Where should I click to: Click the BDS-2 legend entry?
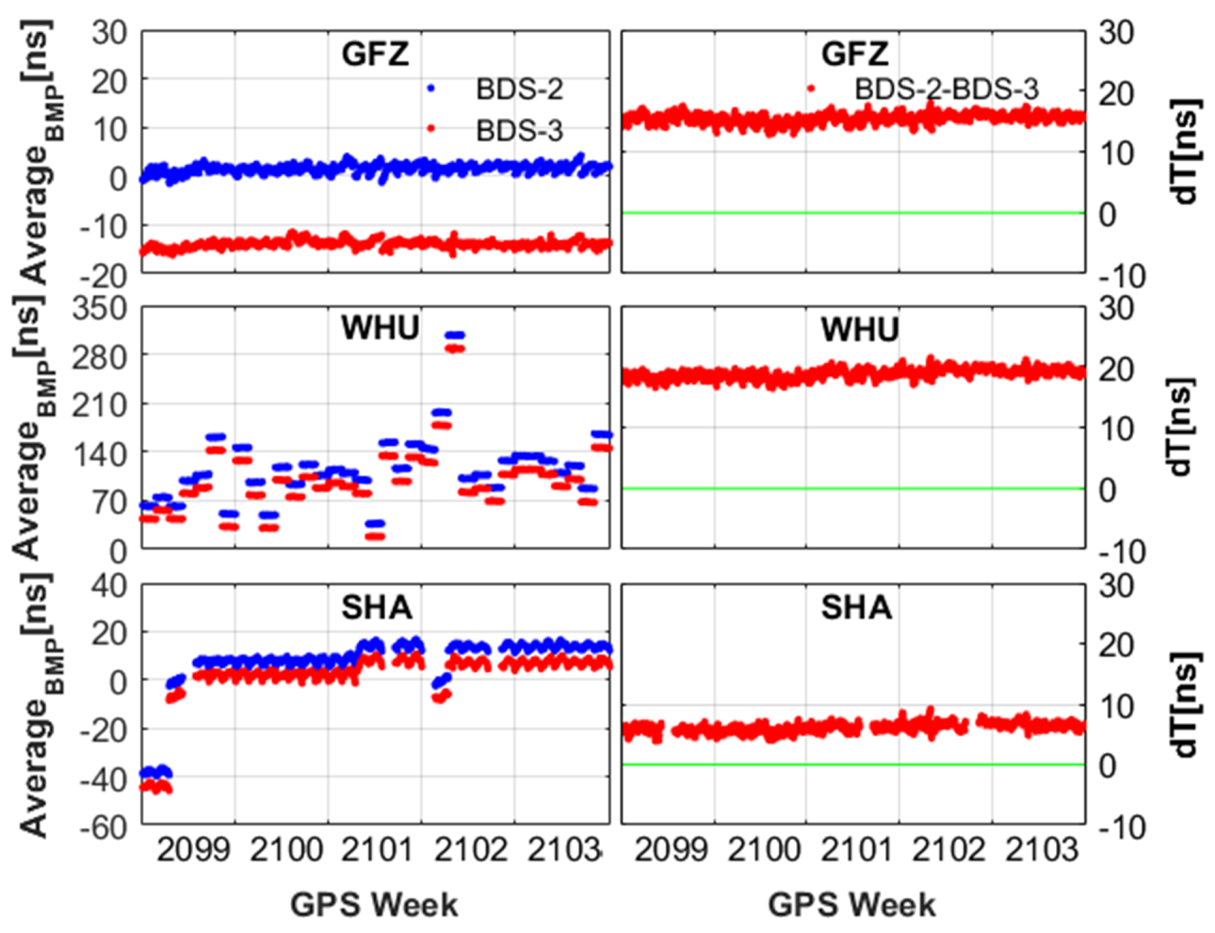tap(519, 89)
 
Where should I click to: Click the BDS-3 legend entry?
tap(519, 130)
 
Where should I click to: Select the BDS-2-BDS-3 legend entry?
tap(945, 89)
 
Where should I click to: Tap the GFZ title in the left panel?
tap(375, 54)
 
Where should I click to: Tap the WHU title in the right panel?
tap(860, 329)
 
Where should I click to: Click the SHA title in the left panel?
tap(377, 607)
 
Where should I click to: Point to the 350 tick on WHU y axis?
tap(100, 308)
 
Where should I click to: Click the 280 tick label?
tap(100, 357)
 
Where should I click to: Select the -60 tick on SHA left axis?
tap(103, 827)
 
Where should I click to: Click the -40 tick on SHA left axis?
tap(103, 778)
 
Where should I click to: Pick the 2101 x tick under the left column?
tap(377, 850)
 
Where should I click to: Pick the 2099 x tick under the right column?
tap(671, 850)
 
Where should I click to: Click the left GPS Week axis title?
tap(374, 904)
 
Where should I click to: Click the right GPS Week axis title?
tap(852, 904)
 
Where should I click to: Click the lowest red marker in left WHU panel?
tap(375, 536)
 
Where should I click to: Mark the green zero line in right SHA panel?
tap(852, 764)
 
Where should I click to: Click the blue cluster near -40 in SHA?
tap(156, 772)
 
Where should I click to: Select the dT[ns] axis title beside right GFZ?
tap(1185, 152)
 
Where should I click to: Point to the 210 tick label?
tap(100, 405)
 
